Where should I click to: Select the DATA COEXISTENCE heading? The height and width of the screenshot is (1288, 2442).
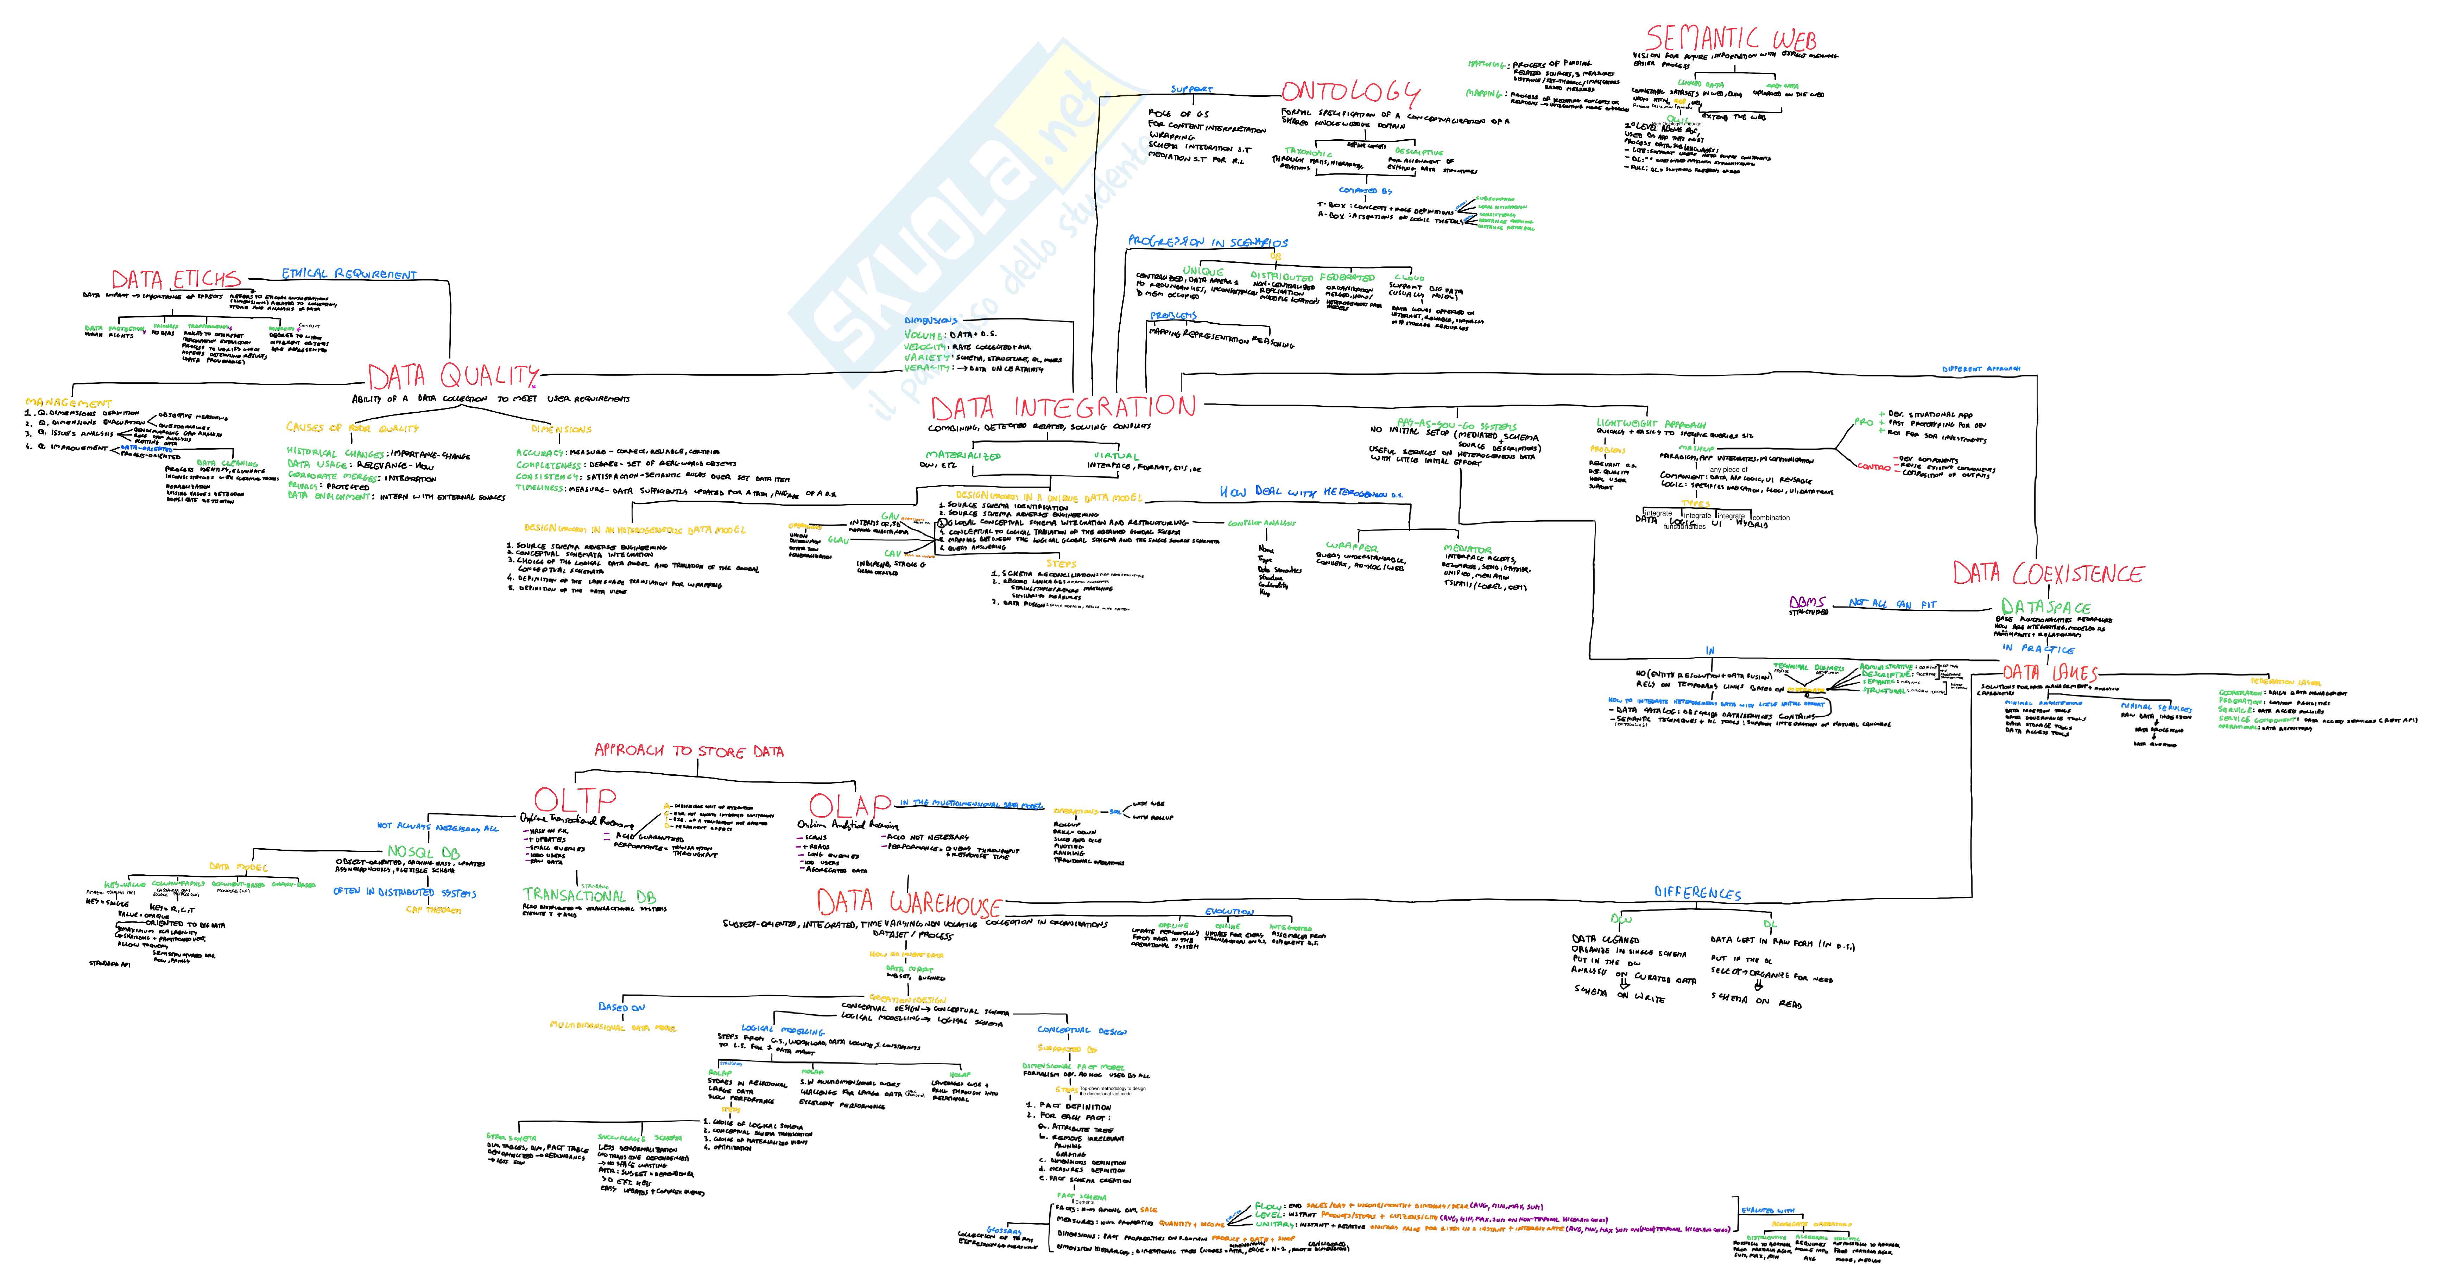pos(2048,573)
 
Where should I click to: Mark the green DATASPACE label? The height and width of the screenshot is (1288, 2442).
pos(2045,607)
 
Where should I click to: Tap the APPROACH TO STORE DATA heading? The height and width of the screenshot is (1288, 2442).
pos(688,751)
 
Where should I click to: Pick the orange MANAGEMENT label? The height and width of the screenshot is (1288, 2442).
pos(68,403)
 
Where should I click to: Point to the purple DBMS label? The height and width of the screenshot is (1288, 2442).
pos(1807,602)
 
